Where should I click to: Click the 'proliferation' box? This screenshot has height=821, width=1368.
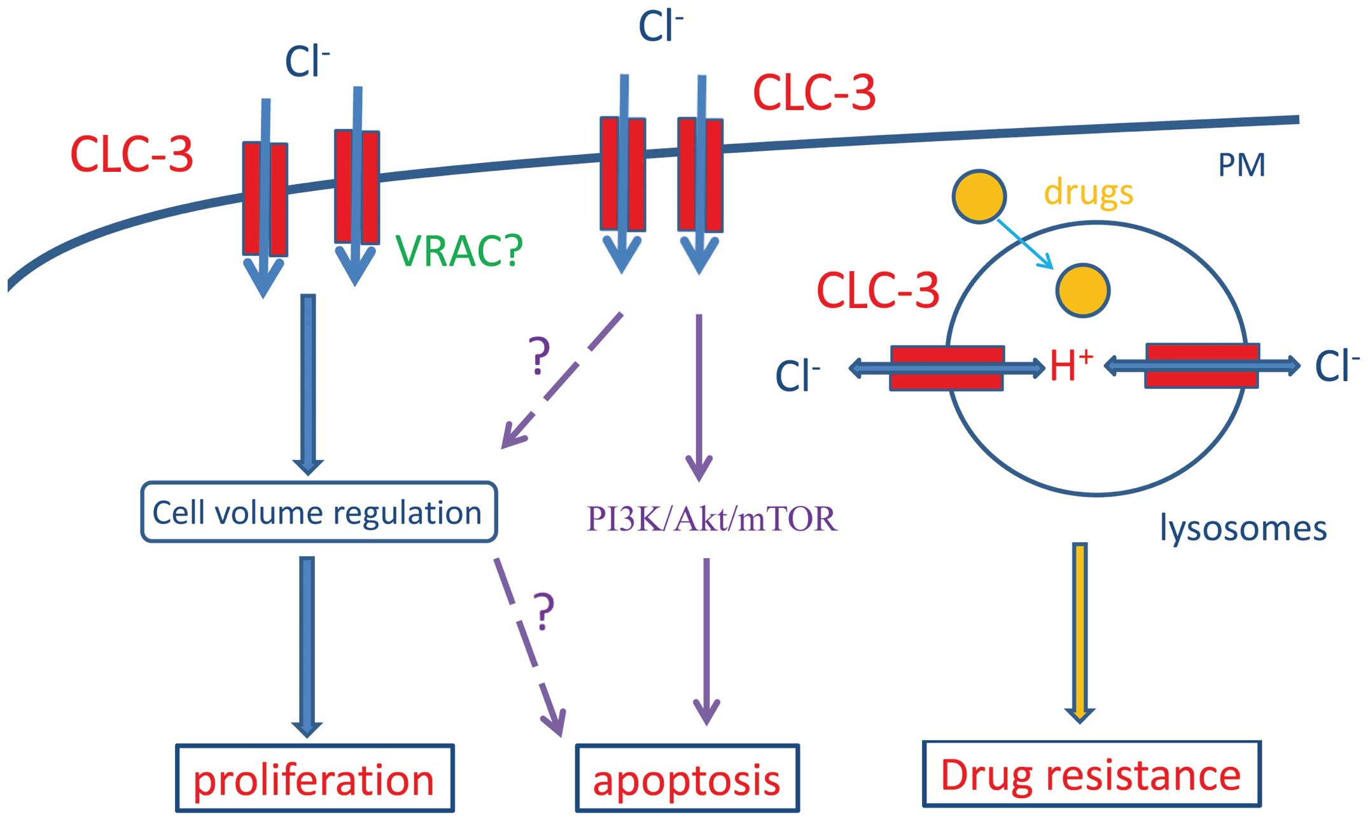314,778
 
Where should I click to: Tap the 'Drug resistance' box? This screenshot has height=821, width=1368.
1091,774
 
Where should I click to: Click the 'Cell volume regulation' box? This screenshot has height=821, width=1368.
318,512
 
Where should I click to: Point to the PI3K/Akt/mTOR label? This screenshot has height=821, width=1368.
711,519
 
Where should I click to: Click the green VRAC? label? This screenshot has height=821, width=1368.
459,251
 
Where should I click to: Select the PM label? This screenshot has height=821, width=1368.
1241,165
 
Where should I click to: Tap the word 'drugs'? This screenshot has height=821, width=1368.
1089,192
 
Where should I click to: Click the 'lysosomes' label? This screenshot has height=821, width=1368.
1243,528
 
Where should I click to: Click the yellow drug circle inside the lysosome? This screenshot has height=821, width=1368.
1083,290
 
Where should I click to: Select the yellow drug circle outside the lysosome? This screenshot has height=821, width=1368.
979,197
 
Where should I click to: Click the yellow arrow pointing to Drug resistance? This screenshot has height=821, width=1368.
1080,630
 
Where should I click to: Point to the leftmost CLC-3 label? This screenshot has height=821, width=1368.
132,155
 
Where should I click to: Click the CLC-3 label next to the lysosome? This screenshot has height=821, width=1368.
877,290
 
